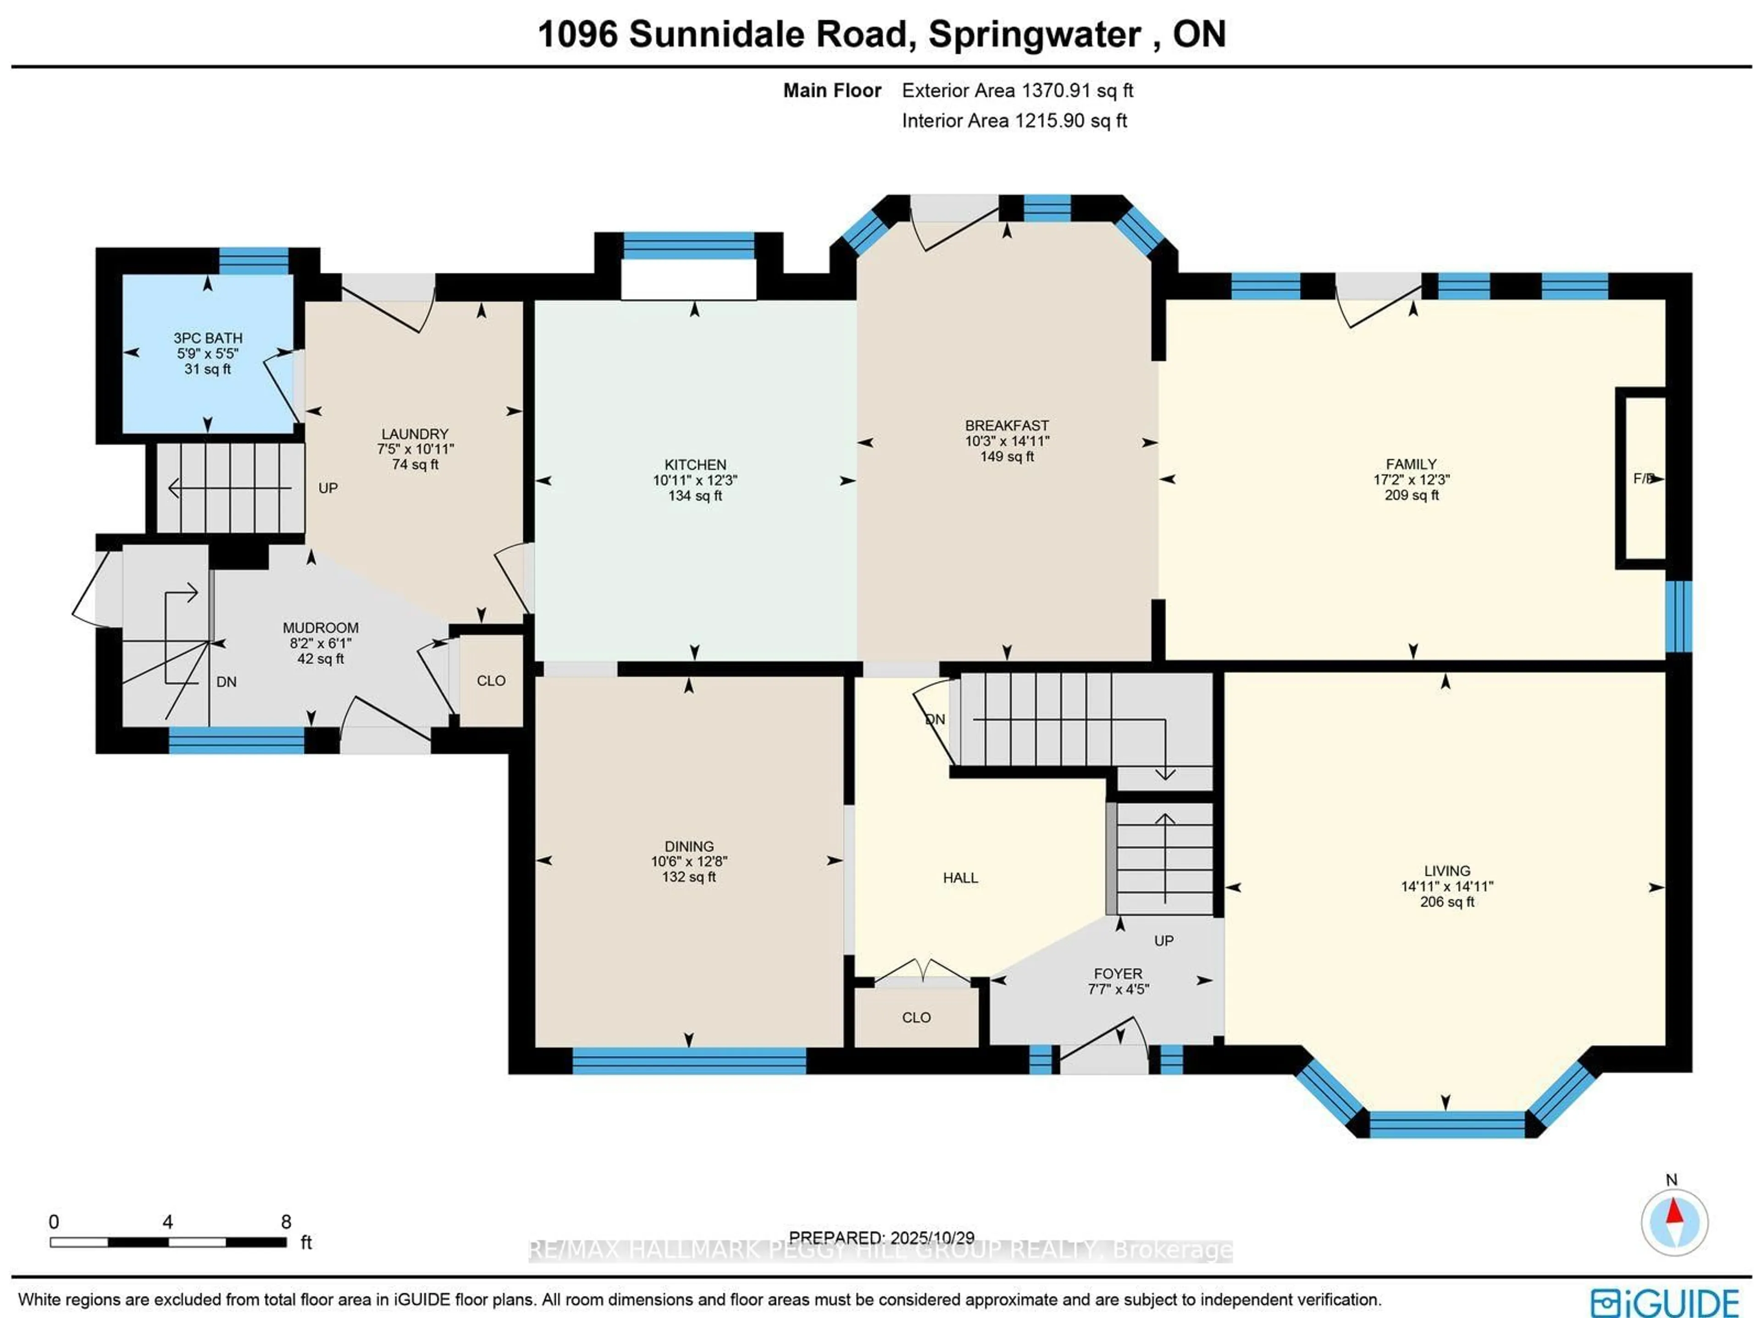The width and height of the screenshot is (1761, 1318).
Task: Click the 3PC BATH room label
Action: (x=208, y=338)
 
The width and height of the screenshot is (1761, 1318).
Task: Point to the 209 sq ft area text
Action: (x=1412, y=495)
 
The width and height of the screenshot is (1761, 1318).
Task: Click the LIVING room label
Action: (x=1446, y=871)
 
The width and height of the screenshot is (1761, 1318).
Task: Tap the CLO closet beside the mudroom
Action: (x=490, y=680)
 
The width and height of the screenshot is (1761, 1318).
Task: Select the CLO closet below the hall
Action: (x=916, y=1017)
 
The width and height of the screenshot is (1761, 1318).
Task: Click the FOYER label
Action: (x=1118, y=973)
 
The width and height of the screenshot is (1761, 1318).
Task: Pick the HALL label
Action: (x=960, y=878)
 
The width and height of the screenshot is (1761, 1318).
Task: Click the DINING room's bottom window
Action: (x=689, y=1061)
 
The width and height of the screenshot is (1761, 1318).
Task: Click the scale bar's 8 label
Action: (x=286, y=1222)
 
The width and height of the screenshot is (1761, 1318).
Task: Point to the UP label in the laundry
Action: (x=328, y=488)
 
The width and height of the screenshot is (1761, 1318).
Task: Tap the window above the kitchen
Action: (x=689, y=245)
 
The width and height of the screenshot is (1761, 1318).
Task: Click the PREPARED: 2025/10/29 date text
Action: (x=881, y=1238)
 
